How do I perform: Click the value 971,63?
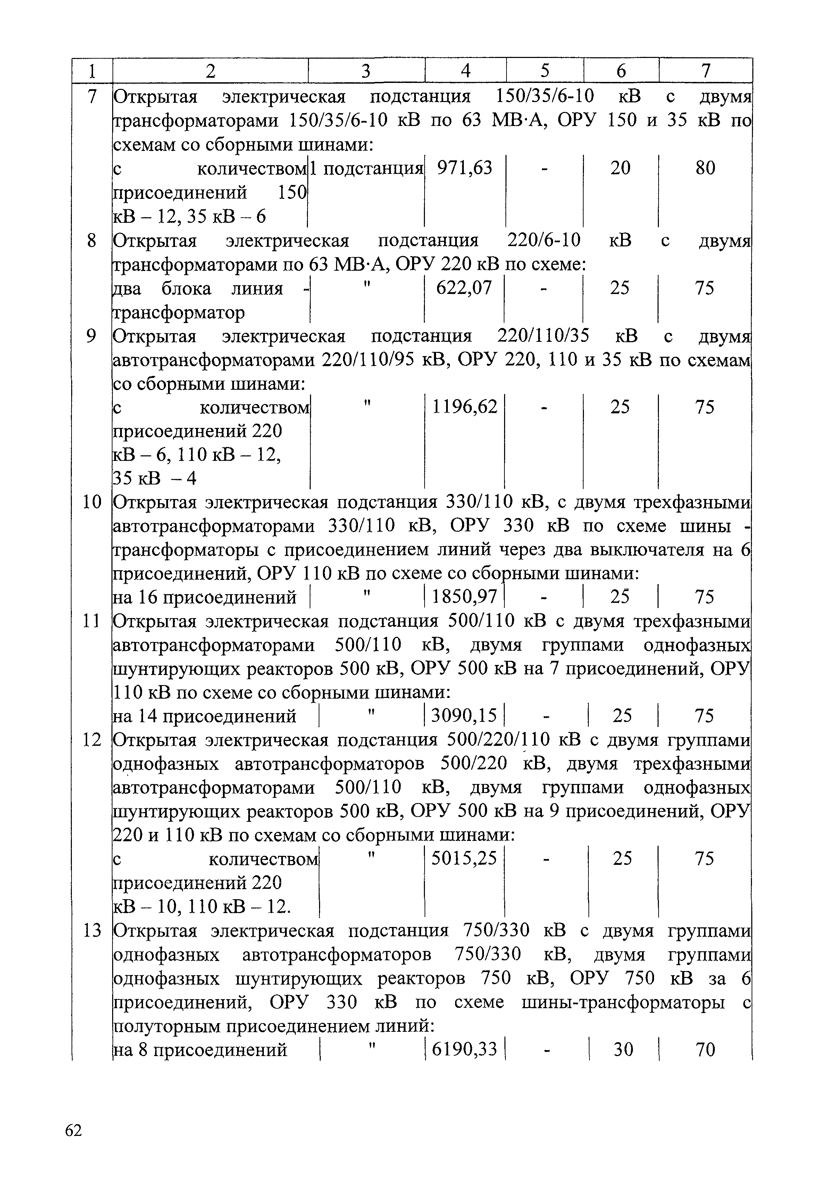(465, 168)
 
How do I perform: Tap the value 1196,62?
(465, 407)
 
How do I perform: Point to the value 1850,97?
(465, 597)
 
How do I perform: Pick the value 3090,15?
(465, 716)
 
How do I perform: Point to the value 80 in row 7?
(705, 168)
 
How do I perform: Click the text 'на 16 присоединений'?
(204, 597)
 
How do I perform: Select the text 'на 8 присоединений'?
(200, 1050)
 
